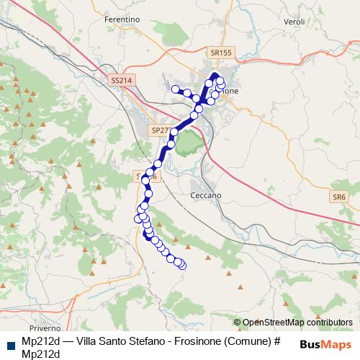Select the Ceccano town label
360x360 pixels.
(x=205, y=195)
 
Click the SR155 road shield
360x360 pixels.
(x=222, y=53)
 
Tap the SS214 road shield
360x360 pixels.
(x=122, y=81)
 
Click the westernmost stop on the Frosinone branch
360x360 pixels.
(x=175, y=89)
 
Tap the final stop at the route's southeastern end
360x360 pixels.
(x=181, y=265)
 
